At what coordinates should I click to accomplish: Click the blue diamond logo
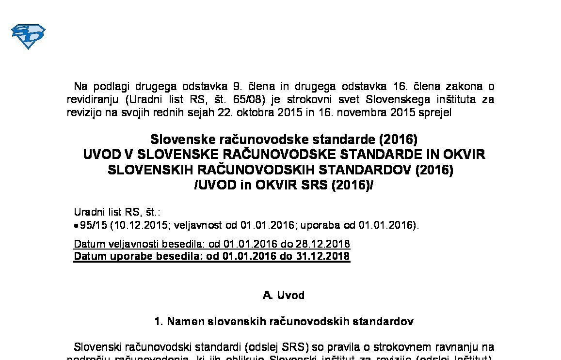pos(28,36)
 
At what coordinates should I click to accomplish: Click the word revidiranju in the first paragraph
pos(92,100)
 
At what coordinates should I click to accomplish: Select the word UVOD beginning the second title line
pos(101,155)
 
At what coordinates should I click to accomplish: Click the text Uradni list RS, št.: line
pos(117,212)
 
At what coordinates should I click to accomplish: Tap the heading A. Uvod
pos(283,295)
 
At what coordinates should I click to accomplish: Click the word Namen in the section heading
pos(186,321)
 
